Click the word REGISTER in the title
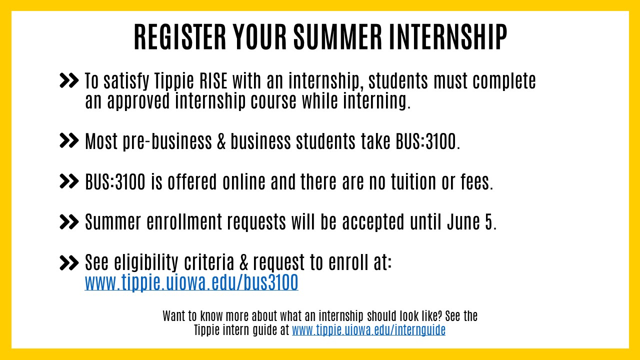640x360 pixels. click(x=180, y=37)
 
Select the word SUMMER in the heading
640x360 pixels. click(x=337, y=37)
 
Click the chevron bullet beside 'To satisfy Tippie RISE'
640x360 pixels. click(x=69, y=80)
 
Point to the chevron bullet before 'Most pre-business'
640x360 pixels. click(x=69, y=140)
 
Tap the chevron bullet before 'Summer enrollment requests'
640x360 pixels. click(x=69, y=221)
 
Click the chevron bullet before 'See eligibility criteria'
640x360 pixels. click(x=69, y=262)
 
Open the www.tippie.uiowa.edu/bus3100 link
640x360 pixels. click(x=191, y=282)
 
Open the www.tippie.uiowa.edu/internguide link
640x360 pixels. click(x=368, y=330)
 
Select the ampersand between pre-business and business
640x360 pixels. click(x=221, y=141)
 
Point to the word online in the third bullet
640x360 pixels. click(x=244, y=181)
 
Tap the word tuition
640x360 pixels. click(x=413, y=181)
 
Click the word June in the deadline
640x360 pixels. click(x=463, y=222)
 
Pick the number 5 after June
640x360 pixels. click(x=489, y=222)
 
